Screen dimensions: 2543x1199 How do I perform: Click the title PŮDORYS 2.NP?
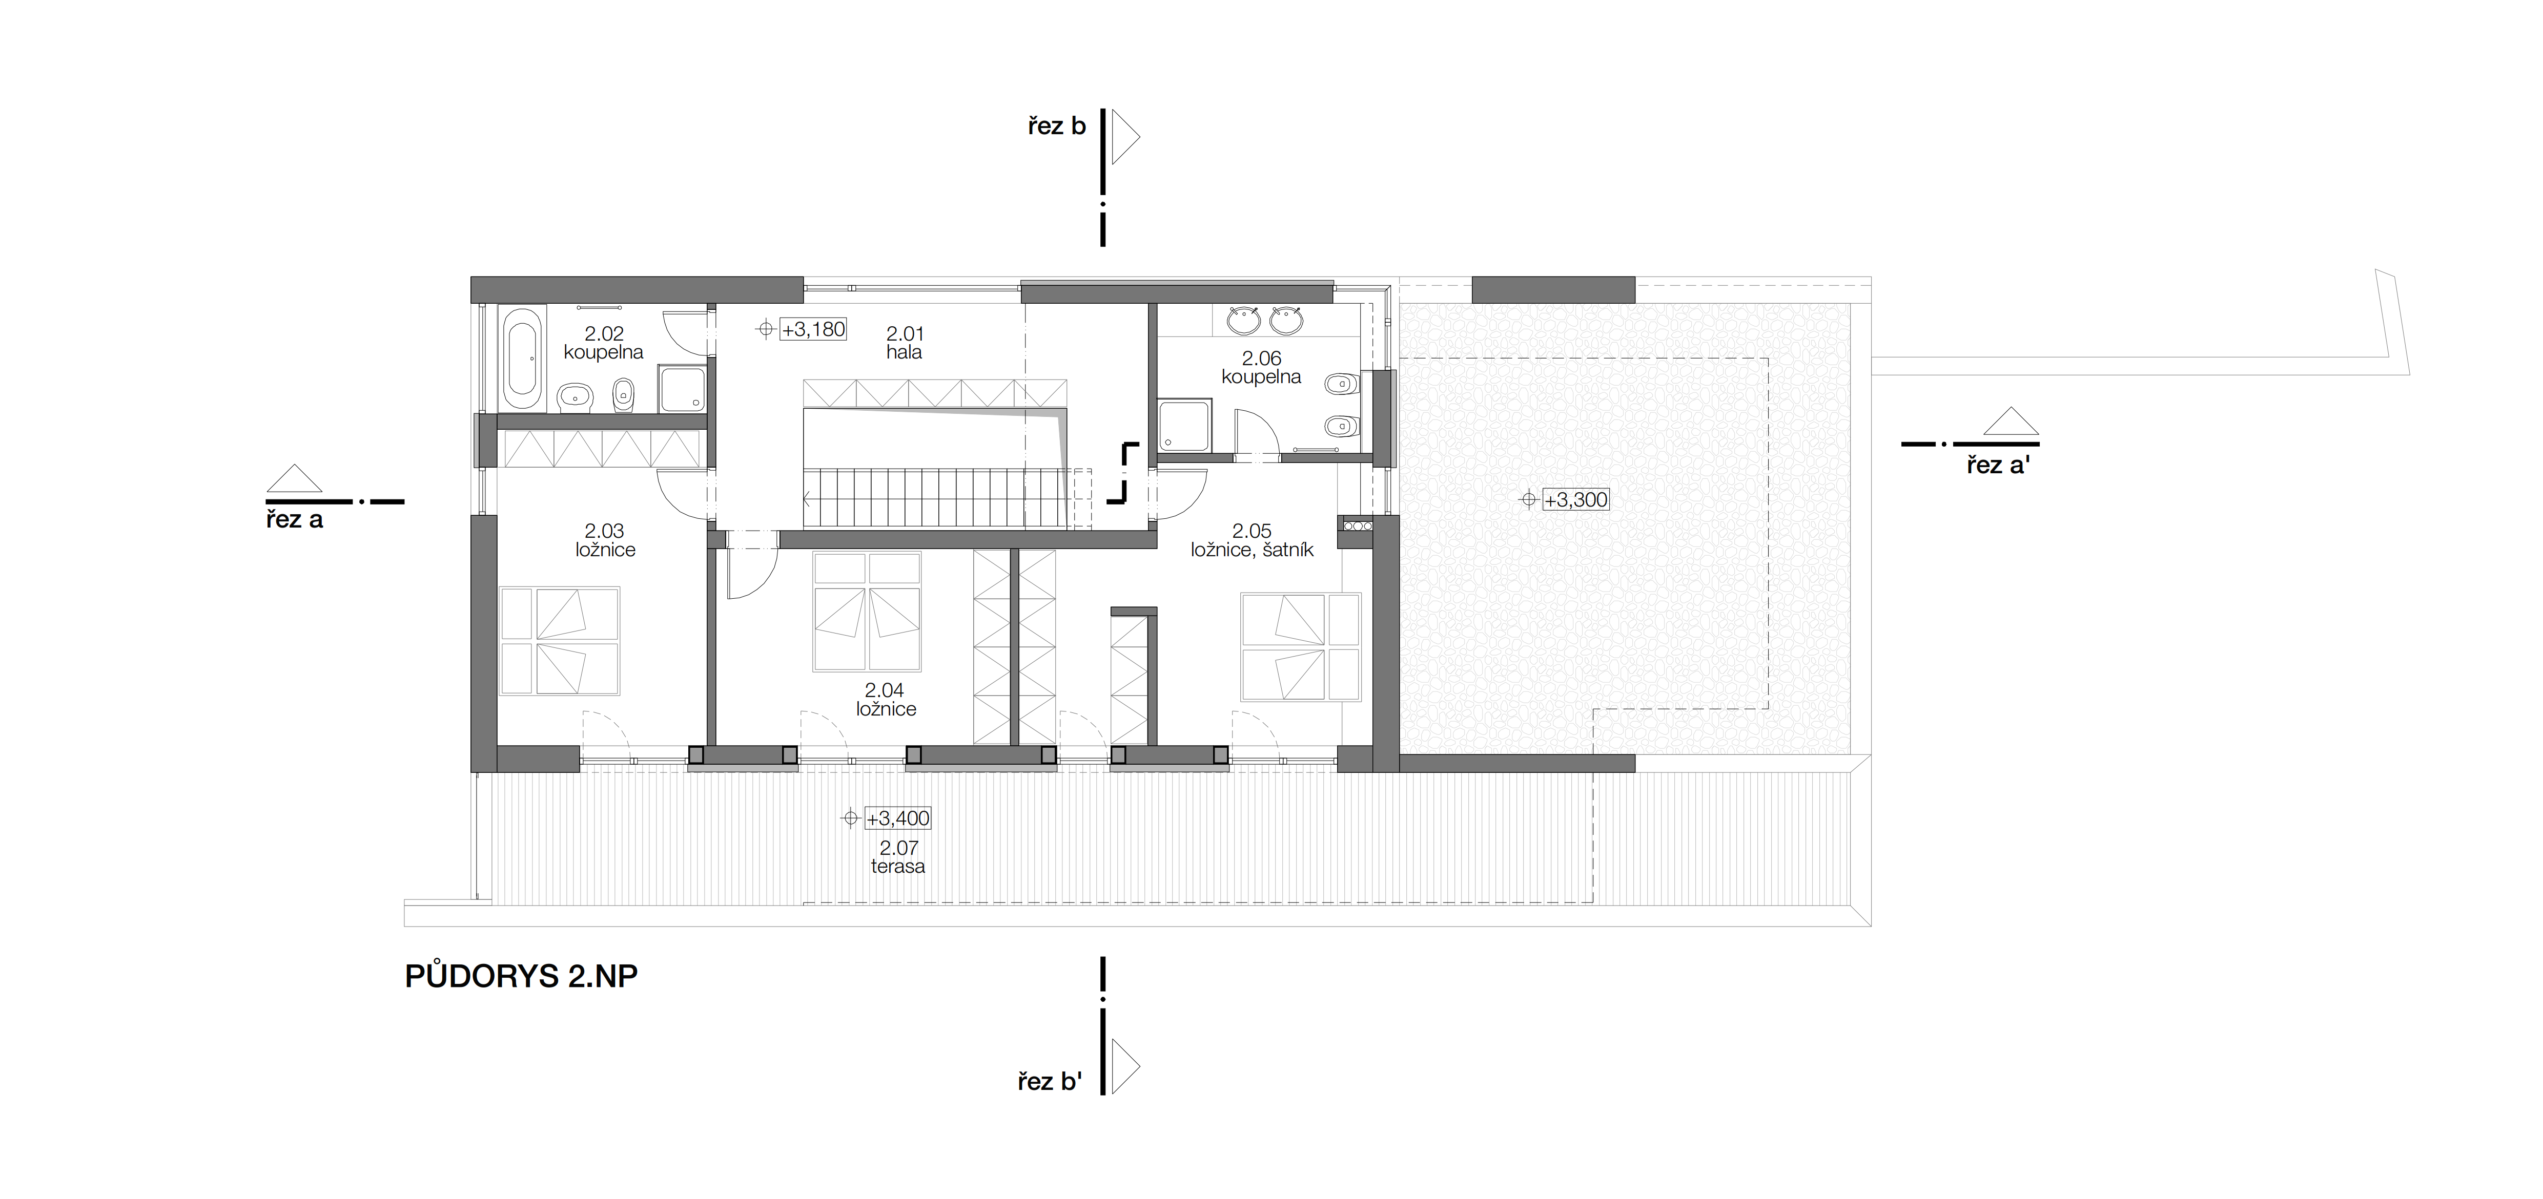(521, 976)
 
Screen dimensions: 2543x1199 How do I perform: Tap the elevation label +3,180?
(813, 330)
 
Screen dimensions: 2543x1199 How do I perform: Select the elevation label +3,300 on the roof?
(1575, 500)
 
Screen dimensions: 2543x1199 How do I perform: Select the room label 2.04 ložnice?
(886, 700)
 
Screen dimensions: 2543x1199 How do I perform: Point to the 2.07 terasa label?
(898, 856)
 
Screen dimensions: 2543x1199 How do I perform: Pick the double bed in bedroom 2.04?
(867, 612)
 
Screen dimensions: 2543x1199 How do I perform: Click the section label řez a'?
(1997, 465)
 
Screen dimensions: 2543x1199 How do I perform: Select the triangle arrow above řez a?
(294, 478)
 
